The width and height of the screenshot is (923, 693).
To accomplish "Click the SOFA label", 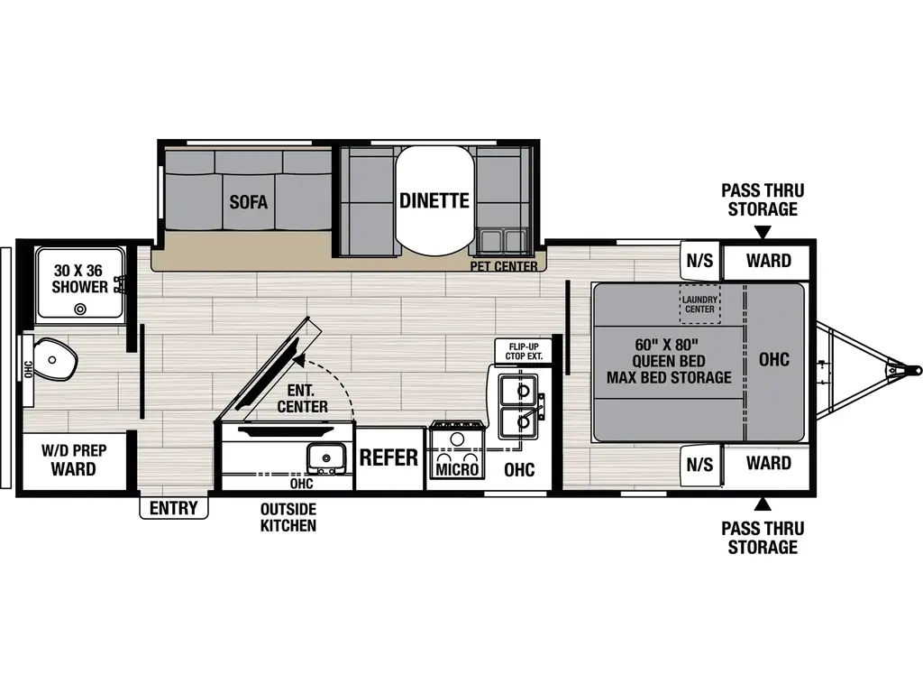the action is click(249, 202).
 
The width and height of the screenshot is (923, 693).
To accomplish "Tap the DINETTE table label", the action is click(434, 201).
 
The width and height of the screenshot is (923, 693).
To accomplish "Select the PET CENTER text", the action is click(503, 266).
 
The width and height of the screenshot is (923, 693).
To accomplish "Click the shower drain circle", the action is click(79, 309).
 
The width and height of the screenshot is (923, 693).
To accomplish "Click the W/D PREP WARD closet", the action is click(74, 461).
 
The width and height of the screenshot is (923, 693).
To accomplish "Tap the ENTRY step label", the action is click(174, 507).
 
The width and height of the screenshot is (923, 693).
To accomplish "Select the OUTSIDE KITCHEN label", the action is click(288, 517).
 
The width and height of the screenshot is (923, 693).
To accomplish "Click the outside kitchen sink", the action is click(325, 457).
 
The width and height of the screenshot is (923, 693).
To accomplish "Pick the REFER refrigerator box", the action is click(389, 457).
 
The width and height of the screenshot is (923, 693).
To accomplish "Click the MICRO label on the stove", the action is click(457, 469).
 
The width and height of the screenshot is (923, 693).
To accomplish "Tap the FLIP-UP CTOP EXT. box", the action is click(524, 351).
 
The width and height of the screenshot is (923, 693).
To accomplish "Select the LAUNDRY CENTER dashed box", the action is click(699, 304).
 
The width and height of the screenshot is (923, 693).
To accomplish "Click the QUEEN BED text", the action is click(669, 361).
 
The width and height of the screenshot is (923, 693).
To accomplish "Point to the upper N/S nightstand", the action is click(699, 261).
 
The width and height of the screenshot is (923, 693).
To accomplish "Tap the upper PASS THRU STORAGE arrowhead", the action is click(763, 234).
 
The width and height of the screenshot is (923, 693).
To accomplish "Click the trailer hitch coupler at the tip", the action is click(913, 370).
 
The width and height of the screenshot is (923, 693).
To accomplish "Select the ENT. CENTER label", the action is click(303, 398).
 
